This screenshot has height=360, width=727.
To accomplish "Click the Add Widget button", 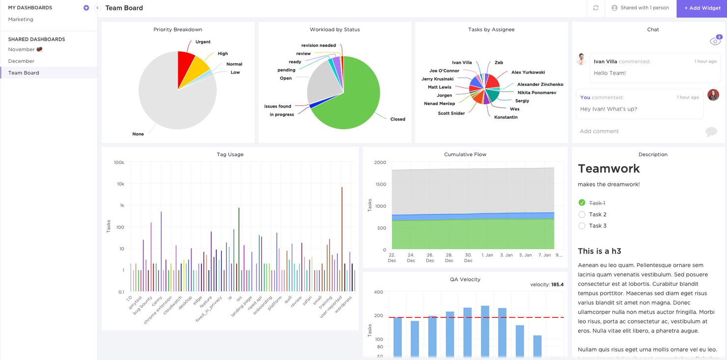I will click(x=702, y=8).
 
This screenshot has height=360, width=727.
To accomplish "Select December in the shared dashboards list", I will click(x=21, y=61).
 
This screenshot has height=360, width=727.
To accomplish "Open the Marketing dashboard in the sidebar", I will click(x=21, y=19).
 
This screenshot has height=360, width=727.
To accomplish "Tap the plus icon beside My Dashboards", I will click(x=86, y=8).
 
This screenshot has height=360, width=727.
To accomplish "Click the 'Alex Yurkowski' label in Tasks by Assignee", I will click(x=528, y=72).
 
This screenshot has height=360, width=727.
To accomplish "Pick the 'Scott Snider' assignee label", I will click(x=451, y=113).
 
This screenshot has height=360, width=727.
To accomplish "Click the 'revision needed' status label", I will click(x=318, y=45).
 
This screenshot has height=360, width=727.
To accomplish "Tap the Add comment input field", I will click(x=639, y=131).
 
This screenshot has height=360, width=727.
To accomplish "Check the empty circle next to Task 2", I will click(x=582, y=215).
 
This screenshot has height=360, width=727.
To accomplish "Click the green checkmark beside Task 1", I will click(x=582, y=203).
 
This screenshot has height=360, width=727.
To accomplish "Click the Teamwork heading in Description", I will click(x=609, y=168).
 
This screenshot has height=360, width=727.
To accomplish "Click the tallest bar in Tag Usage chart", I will click(x=342, y=236).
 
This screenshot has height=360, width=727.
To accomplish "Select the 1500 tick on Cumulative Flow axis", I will click(x=380, y=184).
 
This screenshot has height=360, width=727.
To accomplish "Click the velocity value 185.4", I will click(x=557, y=284).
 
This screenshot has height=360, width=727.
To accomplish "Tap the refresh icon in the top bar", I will click(x=596, y=8).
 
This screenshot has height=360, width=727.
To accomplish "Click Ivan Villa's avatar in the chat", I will click(x=582, y=59).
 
